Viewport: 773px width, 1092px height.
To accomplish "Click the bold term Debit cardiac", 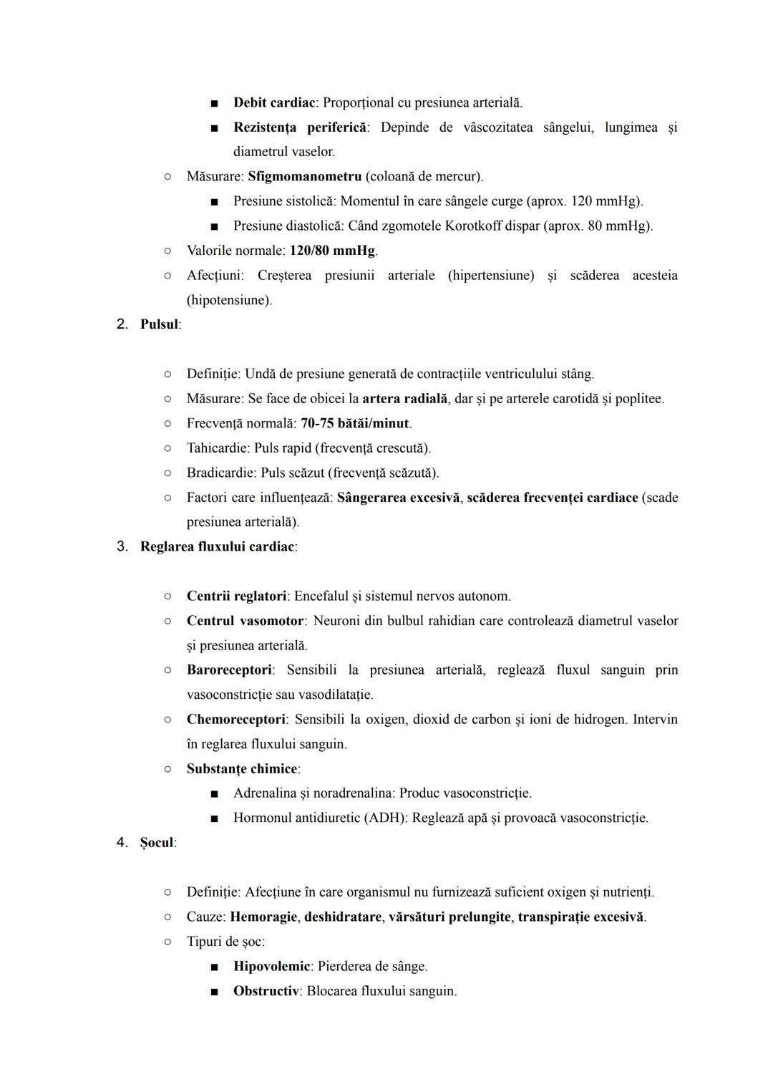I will tap(274, 102).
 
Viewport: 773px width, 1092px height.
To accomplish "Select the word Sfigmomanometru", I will tap(304, 176).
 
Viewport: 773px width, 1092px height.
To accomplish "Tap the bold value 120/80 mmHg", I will tap(332, 251).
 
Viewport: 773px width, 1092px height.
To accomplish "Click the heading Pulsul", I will tap(159, 324).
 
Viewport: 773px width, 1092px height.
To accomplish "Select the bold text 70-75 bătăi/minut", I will tap(355, 423).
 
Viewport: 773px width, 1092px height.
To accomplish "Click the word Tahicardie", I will tap(217, 448).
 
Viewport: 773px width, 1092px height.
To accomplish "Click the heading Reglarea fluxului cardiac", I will tap(217, 547).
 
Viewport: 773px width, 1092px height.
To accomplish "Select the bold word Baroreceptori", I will tap(229, 670).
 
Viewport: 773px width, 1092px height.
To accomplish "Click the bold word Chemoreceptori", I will tap(235, 720).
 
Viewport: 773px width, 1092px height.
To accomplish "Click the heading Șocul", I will tap(157, 843).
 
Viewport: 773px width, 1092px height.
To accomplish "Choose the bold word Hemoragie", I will tap(263, 917).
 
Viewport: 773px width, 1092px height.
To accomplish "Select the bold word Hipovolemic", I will tap(271, 967).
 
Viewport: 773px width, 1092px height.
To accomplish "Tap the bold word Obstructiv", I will tap(266, 991).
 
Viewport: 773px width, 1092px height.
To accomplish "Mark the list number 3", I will tap(122, 547).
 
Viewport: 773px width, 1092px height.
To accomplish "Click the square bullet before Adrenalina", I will tap(214, 793).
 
